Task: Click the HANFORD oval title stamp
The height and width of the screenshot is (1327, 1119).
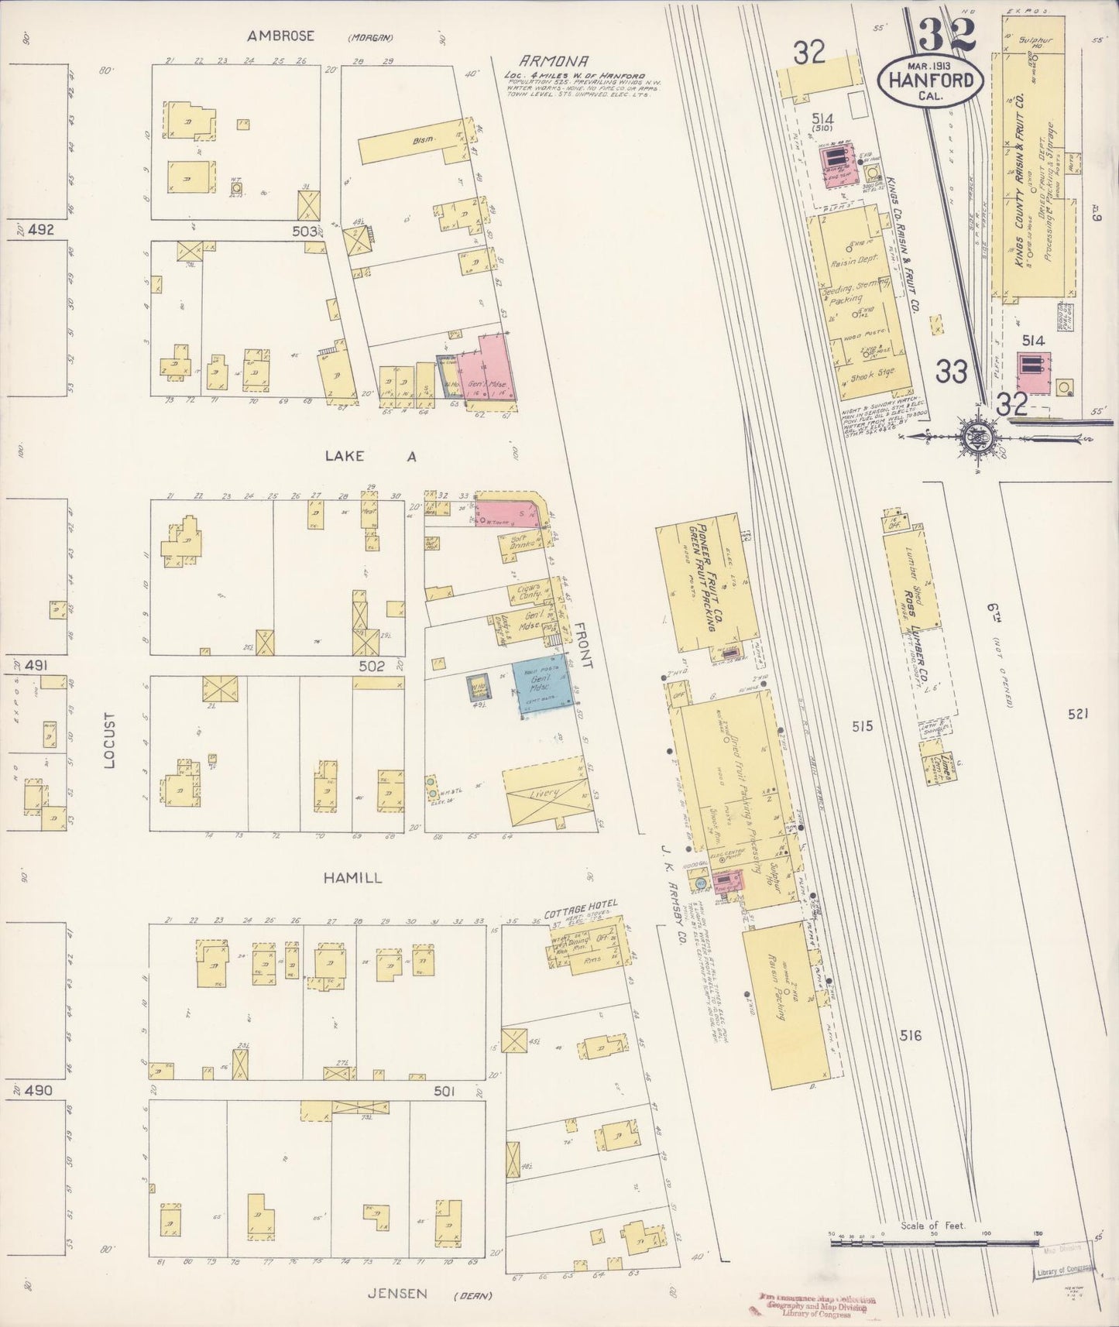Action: tap(931, 81)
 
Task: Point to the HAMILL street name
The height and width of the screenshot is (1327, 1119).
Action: tap(353, 878)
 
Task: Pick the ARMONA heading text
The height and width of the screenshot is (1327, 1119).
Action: tap(554, 61)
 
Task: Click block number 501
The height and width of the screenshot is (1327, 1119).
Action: tap(444, 1090)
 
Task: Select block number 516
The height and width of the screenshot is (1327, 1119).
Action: tap(911, 1034)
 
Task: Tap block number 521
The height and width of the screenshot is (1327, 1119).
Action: tap(1077, 714)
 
